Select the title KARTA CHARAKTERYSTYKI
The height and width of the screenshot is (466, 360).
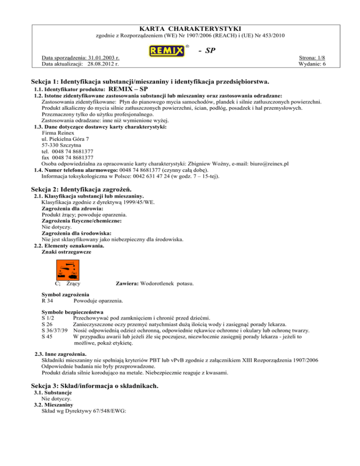[180, 29]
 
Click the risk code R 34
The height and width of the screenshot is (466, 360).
[47, 301]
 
